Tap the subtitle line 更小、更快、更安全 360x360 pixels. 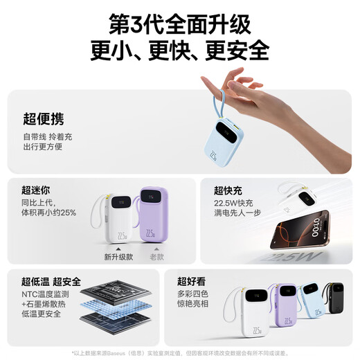[179, 49]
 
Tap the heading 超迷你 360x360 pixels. [36, 190]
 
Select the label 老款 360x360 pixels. [157, 257]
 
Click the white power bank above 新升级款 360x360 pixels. [118, 219]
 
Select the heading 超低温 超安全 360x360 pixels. [51, 282]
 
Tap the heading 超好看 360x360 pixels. [192, 281]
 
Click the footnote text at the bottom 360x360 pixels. [179, 352]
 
